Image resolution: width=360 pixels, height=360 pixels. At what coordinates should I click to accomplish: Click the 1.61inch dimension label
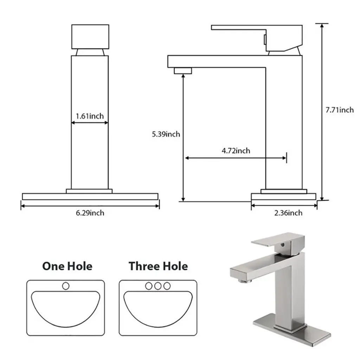pyautogui.click(x=90, y=116)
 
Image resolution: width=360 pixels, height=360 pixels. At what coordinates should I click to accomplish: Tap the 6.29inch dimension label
pyautogui.click(x=90, y=213)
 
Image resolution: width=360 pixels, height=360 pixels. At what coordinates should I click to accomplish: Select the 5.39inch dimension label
pyautogui.click(x=166, y=134)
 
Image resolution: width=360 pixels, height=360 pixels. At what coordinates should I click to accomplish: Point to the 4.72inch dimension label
pyautogui.click(x=236, y=150)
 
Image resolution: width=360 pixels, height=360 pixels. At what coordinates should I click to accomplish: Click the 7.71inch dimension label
pyautogui.click(x=340, y=110)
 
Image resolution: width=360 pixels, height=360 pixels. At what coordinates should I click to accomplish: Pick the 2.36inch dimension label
pyautogui.click(x=288, y=213)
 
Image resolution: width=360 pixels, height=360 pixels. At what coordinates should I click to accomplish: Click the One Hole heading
pyautogui.click(x=67, y=266)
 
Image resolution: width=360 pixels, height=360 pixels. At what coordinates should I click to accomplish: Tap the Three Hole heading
pyautogui.click(x=158, y=266)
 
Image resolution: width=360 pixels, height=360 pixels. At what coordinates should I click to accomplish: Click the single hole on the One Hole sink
pyautogui.click(x=66, y=286)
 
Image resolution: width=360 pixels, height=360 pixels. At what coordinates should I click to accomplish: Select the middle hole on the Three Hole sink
pyautogui.click(x=158, y=286)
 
